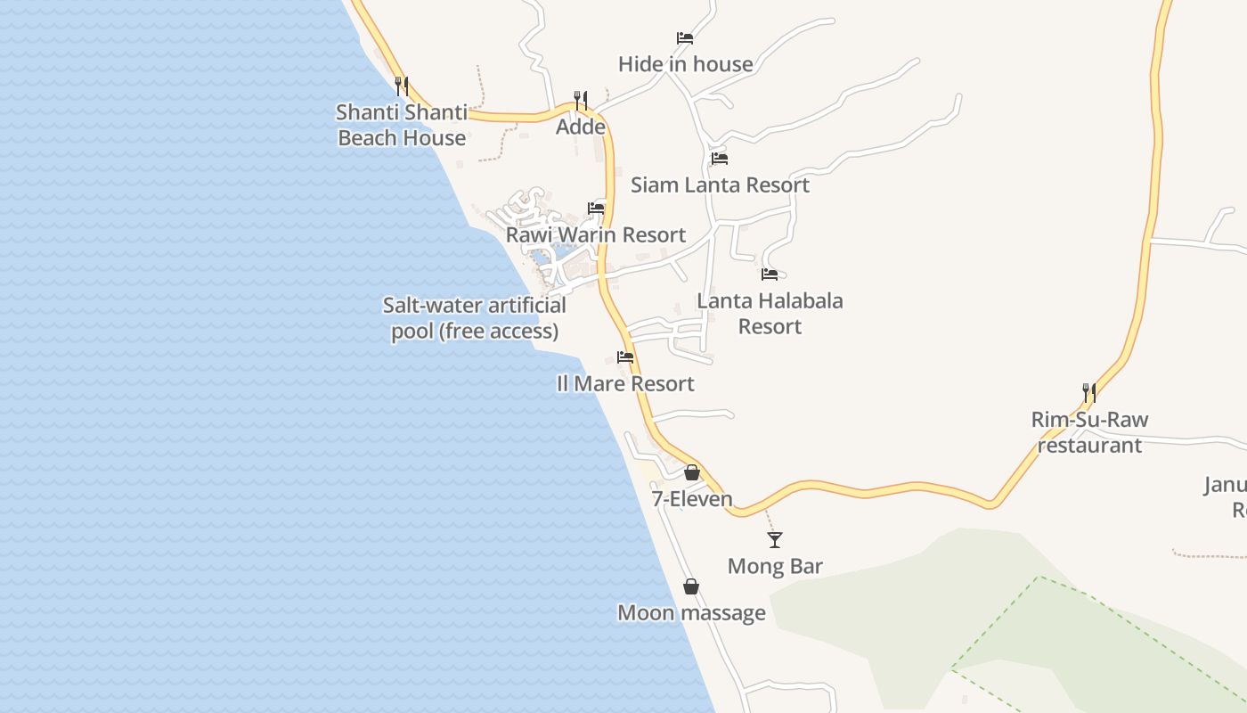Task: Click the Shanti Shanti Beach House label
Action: pyautogui.click(x=402, y=125)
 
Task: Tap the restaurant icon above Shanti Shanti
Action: pyautogui.click(x=402, y=86)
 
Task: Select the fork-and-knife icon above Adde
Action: pyautogui.click(x=581, y=100)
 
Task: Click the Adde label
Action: pyautogui.click(x=581, y=127)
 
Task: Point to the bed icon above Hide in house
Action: pyautogui.click(x=685, y=37)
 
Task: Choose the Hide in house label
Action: pyautogui.click(x=685, y=64)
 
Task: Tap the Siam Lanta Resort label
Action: pyautogui.click(x=720, y=184)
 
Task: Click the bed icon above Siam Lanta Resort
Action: pyautogui.click(x=720, y=159)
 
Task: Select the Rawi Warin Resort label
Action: pyautogui.click(x=596, y=234)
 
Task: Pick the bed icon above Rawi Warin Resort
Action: pyautogui.click(x=596, y=209)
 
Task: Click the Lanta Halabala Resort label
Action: pyautogui.click(x=770, y=314)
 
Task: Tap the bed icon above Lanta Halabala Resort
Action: pyautogui.click(x=770, y=275)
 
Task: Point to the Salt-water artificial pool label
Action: pyautogui.click(x=475, y=318)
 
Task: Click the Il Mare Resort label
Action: pyautogui.click(x=625, y=383)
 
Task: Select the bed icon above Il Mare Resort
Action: pyautogui.click(x=625, y=357)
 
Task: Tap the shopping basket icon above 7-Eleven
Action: pyautogui.click(x=692, y=472)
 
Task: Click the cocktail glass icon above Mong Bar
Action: pyautogui.click(x=775, y=539)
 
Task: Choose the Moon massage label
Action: pyautogui.click(x=691, y=612)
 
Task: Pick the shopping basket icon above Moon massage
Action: pyautogui.click(x=690, y=586)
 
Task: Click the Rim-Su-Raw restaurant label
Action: pyautogui.click(x=1089, y=432)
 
